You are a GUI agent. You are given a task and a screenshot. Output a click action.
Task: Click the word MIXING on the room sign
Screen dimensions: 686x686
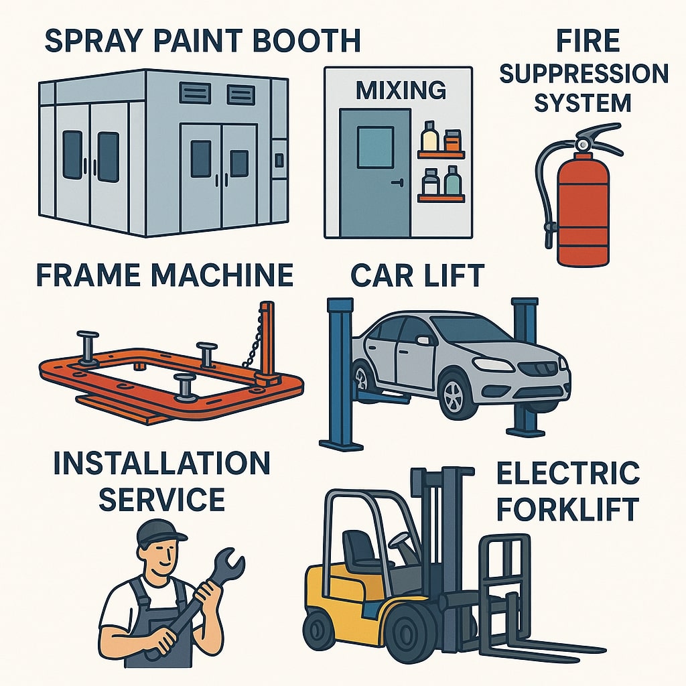pyautogui.click(x=401, y=90)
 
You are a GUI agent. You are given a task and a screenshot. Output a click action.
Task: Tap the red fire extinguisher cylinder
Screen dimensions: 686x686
pyautogui.click(x=583, y=209)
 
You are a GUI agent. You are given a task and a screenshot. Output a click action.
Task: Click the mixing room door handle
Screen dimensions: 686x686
pyautogui.click(x=398, y=183)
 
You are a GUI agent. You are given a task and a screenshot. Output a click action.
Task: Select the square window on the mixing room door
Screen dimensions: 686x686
pyautogui.click(x=375, y=147)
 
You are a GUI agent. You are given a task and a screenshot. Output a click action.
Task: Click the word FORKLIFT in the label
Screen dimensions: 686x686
pyautogui.click(x=567, y=509)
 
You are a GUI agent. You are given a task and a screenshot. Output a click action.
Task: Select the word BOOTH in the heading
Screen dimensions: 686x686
pyautogui.click(x=307, y=41)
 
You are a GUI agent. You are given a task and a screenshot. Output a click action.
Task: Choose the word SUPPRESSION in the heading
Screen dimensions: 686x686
pyautogui.click(x=584, y=74)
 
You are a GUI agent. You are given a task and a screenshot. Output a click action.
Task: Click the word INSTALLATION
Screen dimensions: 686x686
pyautogui.click(x=161, y=464)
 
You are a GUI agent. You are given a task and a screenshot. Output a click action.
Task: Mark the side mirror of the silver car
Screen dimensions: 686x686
pyautogui.click(x=422, y=340)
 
